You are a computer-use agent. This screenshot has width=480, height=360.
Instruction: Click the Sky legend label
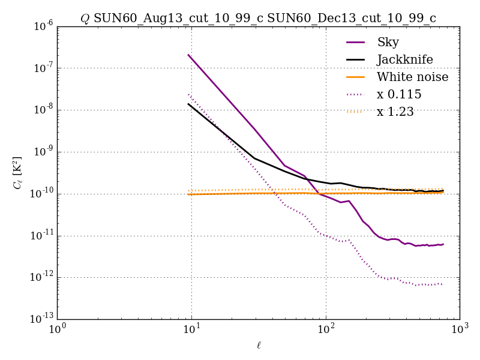pos(388,42)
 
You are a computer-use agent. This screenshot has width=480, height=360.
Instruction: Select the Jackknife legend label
pos(404,59)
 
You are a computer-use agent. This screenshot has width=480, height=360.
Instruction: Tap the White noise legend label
pos(412,77)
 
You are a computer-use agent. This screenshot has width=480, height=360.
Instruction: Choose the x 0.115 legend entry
pos(399,94)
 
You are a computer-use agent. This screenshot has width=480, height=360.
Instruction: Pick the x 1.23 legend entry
pos(395,112)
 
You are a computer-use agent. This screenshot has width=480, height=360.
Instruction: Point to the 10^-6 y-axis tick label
pos(42,26)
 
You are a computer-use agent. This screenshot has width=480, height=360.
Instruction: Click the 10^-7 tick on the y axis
pos(42,68)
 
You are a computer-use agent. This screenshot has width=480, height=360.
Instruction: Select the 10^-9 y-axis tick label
pos(42,152)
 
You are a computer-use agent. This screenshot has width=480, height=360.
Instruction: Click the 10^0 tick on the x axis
pos(58,330)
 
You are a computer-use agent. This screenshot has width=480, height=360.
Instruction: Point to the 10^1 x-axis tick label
pos(191,330)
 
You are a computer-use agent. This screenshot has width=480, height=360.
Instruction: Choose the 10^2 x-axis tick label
pos(326,330)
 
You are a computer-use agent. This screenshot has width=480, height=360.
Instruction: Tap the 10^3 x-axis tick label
pos(460,330)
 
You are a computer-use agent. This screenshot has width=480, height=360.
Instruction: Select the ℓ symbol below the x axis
pos(259,345)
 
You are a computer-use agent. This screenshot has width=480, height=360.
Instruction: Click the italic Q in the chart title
pos(85,19)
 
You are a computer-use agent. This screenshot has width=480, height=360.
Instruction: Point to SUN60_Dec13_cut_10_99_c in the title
pos(352,19)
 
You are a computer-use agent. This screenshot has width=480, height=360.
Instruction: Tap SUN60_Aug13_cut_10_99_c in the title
pos(178,19)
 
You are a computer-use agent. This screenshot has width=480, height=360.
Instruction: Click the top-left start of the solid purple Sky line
pos(188,55)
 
